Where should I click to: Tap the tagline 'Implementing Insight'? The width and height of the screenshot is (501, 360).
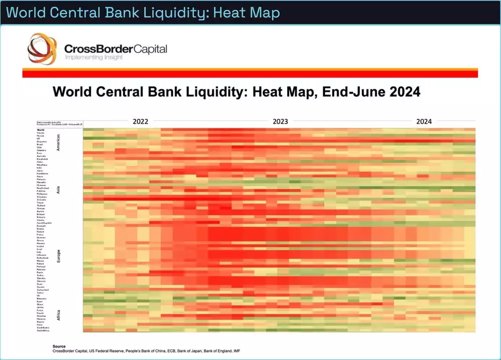tap(94, 58)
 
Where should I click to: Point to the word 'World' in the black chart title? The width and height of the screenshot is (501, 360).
tap(75, 92)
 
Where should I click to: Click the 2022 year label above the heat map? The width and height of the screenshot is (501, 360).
tap(140, 121)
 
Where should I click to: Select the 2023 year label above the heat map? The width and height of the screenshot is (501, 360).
tap(280, 121)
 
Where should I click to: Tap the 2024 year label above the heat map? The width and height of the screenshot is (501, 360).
tap(424, 121)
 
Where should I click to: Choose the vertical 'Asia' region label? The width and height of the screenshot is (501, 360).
tap(58, 190)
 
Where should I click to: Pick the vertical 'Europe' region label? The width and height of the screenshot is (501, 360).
tap(58, 257)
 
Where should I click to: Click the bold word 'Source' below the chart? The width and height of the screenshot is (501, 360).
tap(59, 346)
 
